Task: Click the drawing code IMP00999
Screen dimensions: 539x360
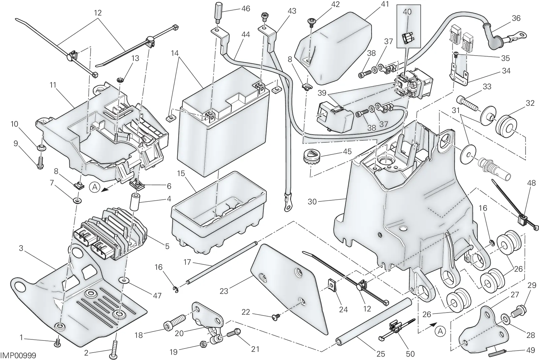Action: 18,355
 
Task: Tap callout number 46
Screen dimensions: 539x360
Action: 246,9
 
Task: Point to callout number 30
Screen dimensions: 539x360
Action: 312,201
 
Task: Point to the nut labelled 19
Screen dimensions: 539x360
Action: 203,344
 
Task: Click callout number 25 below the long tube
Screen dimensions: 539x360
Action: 381,354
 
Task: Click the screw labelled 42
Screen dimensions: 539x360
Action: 311,22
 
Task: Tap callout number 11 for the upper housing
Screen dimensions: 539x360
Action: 53,85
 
